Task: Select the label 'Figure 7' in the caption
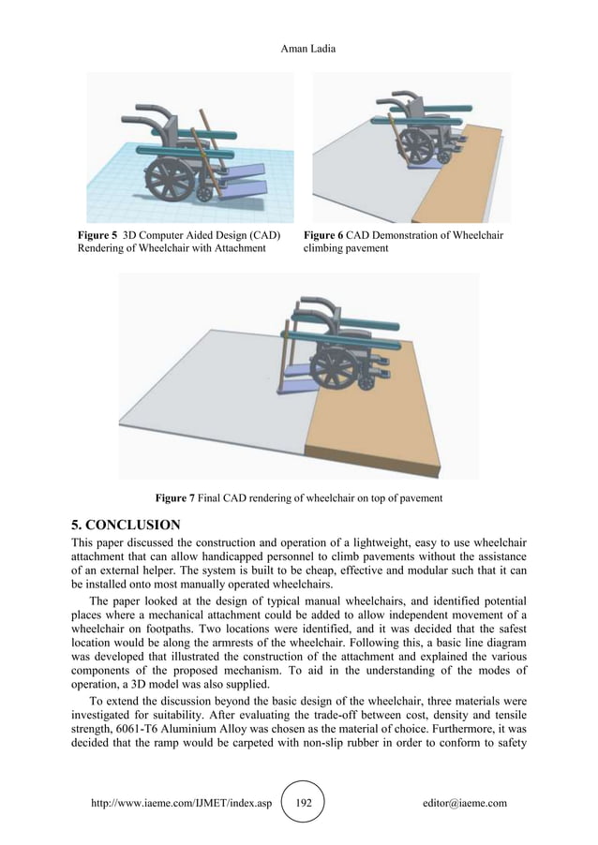coord(178,497)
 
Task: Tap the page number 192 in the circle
coord(303,803)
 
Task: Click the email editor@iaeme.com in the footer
coord(465,803)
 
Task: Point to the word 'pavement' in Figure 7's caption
coord(411,497)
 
